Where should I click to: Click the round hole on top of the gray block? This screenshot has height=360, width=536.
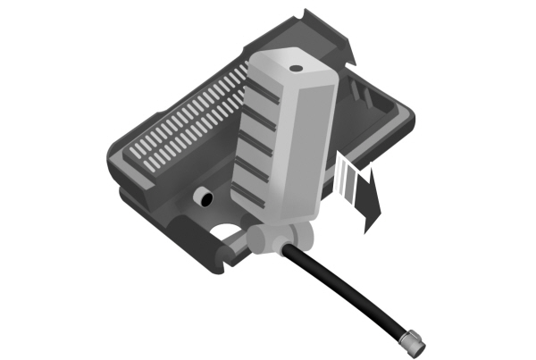[x=293, y=66]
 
